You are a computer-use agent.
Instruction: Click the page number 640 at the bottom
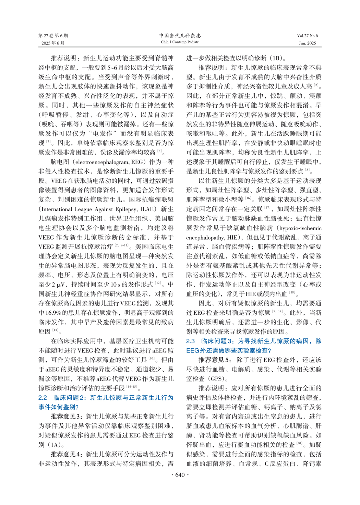coord(180,475)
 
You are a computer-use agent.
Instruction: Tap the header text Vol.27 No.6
coord(307,36)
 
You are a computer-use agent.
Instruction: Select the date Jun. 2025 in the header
coord(307,43)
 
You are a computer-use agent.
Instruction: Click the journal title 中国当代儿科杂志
coord(180,36)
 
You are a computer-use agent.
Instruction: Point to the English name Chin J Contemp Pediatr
coord(180,42)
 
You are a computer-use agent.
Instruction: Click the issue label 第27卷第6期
coord(53,36)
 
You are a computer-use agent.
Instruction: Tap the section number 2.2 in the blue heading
coord(43,398)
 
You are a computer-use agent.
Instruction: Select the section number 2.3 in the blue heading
coord(190,341)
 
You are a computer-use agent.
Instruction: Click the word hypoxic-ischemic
coord(300,228)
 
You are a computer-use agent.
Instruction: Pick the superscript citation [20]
coord(299,444)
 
